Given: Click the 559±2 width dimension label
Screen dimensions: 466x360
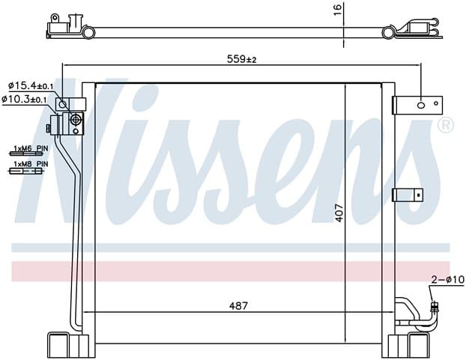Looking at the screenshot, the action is [241, 59].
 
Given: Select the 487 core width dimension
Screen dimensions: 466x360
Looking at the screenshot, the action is [238, 305].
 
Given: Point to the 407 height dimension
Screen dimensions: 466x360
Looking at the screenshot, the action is [339, 213].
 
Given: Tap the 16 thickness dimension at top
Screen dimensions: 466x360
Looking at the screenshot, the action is [338, 10].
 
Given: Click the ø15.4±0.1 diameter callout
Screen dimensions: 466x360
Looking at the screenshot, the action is [31, 86].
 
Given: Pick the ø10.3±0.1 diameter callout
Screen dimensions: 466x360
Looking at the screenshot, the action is [24, 99].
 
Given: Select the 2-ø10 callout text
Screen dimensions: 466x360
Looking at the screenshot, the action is [447, 279].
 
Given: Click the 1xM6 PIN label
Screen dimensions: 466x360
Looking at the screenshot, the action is [31, 148].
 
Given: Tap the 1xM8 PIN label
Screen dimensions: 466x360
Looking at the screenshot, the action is [31, 164].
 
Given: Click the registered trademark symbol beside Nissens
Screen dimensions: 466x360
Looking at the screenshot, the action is [446, 125].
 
